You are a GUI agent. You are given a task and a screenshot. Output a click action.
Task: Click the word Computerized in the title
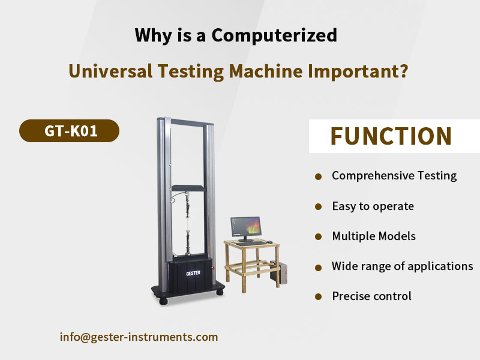click(274, 35)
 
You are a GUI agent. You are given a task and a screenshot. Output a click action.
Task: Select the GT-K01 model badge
click(69, 131)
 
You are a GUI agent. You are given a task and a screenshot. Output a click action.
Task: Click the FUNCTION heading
click(391, 136)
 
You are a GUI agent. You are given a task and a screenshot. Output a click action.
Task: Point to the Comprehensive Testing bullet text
click(394, 176)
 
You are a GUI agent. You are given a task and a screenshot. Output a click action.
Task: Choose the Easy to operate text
click(373, 206)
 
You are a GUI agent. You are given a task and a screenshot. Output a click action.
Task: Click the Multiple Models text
click(374, 236)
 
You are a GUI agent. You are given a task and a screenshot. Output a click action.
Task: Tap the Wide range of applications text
click(402, 266)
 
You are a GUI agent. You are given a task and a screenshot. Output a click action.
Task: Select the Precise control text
click(371, 296)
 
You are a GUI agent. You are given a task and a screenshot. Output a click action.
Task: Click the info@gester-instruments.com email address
click(139, 337)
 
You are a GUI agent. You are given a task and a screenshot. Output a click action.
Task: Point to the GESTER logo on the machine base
click(193, 273)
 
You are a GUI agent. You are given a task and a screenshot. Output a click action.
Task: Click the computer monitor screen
click(246, 227)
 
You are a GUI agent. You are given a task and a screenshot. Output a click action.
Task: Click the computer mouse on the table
click(269, 242)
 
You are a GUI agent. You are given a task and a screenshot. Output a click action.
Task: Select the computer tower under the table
click(279, 272)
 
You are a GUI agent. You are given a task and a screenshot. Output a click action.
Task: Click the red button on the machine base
click(214, 268)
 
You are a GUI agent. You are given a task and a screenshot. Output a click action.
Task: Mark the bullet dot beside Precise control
click(319, 296)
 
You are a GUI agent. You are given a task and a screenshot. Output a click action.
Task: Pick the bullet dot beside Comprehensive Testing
click(319, 176)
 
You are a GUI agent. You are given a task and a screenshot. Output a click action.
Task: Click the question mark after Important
click(404, 71)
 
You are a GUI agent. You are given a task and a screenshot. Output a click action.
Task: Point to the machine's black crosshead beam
click(188, 188)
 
